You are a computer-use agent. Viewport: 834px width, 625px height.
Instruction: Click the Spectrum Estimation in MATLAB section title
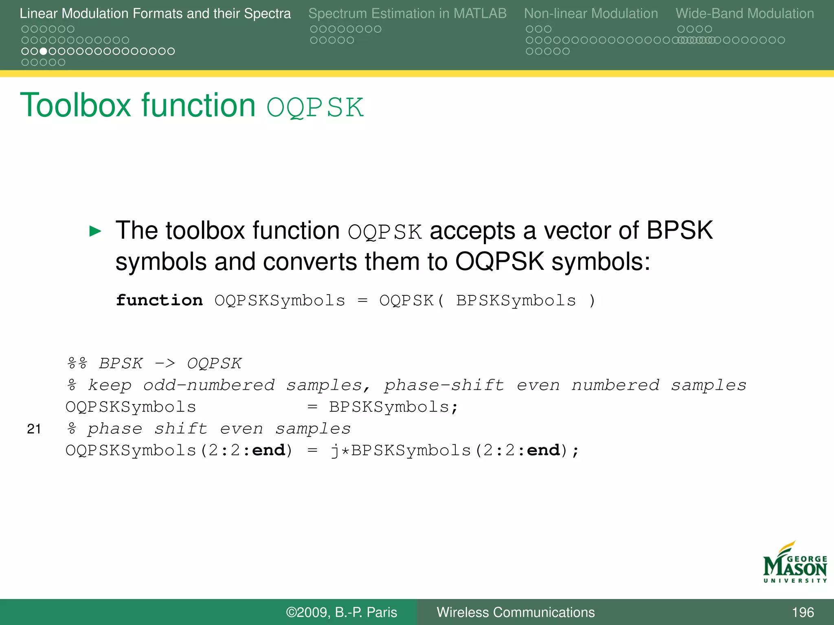407,14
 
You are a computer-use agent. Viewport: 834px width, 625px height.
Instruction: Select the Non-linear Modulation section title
590,14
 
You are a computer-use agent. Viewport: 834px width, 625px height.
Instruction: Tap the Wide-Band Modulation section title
744,14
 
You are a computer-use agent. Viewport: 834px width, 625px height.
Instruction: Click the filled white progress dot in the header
44,51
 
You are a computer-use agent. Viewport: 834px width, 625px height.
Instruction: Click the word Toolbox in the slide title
75,105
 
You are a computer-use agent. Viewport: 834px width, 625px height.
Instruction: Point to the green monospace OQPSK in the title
315,107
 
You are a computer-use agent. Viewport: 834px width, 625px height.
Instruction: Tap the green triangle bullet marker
95,231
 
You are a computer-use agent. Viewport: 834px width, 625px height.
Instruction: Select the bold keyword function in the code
159,300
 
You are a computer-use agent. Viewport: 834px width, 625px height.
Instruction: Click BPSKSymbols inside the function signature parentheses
516,300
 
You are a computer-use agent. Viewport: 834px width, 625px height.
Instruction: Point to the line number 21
34,429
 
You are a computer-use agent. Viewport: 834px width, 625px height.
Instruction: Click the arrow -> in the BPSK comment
165,363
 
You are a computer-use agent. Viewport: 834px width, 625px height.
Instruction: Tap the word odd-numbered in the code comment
209,385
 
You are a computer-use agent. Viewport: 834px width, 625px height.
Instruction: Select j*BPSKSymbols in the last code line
401,450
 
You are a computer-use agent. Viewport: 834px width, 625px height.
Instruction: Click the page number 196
802,612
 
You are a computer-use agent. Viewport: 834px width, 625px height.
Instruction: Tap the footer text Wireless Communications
516,612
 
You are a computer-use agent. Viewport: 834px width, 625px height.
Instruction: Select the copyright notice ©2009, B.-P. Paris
341,612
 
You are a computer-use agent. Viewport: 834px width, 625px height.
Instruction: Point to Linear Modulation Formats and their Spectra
155,14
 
